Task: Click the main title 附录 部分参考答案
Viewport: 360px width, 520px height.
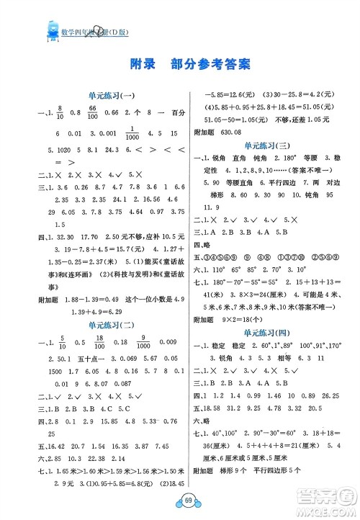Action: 181,63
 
